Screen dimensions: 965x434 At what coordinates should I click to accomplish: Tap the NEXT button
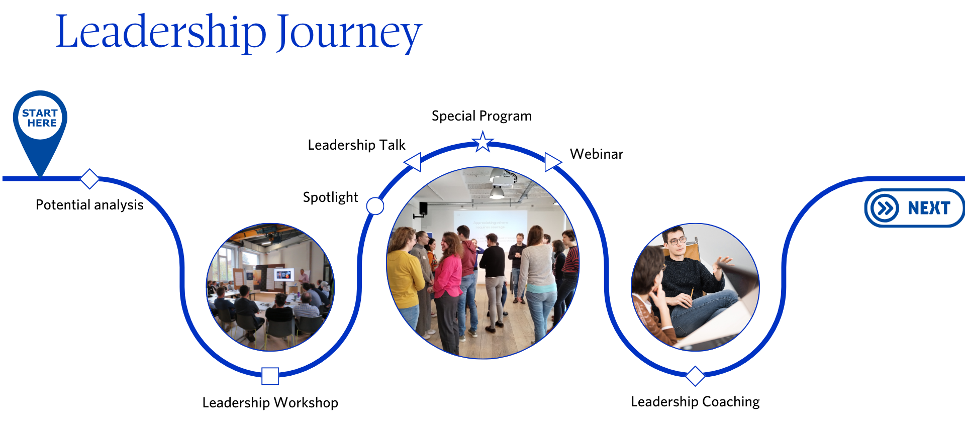(x=914, y=208)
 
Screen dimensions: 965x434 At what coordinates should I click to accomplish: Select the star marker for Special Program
(x=482, y=142)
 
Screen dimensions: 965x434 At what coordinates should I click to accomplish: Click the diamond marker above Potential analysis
(x=89, y=179)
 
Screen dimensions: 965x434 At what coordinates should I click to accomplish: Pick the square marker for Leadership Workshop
(x=270, y=376)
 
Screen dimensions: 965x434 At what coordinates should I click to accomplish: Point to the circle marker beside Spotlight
(x=375, y=206)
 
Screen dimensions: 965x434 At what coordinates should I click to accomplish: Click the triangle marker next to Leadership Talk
(x=413, y=162)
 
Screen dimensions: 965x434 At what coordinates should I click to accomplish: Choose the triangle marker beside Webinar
(x=552, y=162)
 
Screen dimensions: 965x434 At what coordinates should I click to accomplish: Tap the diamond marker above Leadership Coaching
(x=695, y=376)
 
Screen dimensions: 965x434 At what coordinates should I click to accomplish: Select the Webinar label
(x=597, y=154)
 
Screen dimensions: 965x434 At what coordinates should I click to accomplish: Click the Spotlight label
(x=330, y=197)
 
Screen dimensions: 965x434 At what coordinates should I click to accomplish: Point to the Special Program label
(x=481, y=116)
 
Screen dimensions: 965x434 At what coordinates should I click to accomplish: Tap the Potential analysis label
(x=89, y=205)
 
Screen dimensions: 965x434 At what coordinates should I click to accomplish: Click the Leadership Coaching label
(x=695, y=402)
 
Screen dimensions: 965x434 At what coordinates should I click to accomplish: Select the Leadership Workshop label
(x=270, y=403)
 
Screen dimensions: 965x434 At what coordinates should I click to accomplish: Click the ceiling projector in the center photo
(x=503, y=178)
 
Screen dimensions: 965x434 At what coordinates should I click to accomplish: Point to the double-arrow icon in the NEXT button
(x=885, y=208)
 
